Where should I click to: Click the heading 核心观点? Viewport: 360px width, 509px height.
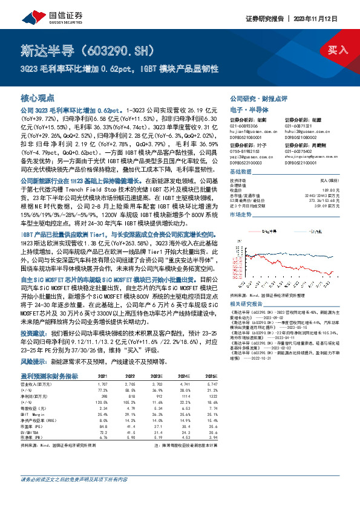point(38,97)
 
